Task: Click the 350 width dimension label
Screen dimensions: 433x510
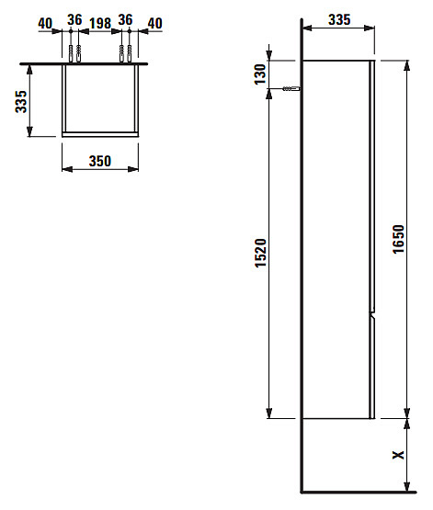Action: point(100,161)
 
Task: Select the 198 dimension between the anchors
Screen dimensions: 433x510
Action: point(100,23)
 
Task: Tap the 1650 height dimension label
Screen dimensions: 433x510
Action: point(398,239)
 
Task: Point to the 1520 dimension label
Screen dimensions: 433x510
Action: point(260,253)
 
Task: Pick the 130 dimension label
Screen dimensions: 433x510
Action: point(260,74)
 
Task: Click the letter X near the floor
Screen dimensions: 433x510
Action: point(398,455)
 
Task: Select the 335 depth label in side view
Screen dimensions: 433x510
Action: point(339,20)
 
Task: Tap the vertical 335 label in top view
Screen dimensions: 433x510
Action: point(21,101)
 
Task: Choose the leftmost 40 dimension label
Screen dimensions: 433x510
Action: point(45,23)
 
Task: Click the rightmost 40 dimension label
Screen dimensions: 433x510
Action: point(154,23)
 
